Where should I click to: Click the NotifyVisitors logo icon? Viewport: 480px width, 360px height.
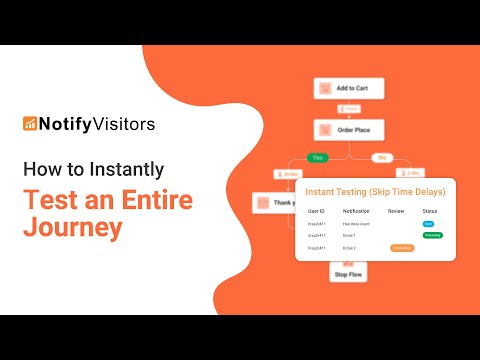[x=31, y=124]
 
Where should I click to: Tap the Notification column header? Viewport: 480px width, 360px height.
[x=357, y=211]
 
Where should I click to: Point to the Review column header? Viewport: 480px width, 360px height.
[x=396, y=211]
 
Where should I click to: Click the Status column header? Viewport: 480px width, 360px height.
[x=430, y=211]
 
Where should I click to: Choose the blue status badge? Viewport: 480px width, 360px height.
[x=428, y=225]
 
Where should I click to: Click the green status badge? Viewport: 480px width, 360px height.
[x=433, y=236]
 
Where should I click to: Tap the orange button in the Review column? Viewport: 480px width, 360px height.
[x=402, y=247]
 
